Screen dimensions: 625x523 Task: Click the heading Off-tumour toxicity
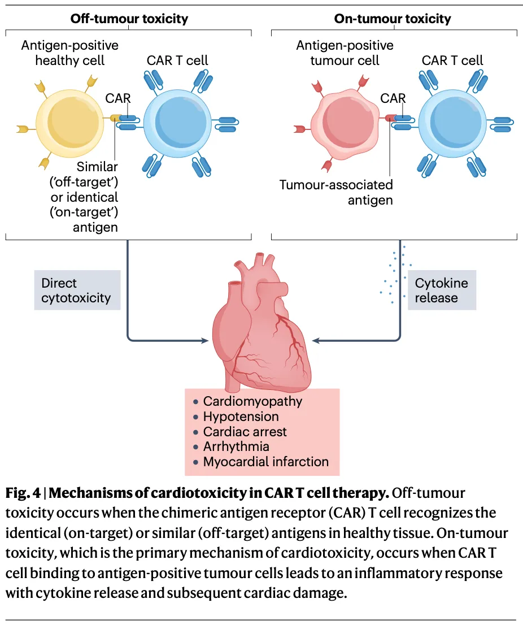point(129,19)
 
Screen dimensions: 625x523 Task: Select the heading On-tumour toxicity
point(393,19)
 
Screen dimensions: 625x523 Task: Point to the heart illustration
point(260,328)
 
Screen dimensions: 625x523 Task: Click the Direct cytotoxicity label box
point(77,290)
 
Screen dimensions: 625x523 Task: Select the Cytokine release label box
point(442,290)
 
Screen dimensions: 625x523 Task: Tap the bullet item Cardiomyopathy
point(252,401)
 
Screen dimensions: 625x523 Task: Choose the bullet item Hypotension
point(241,416)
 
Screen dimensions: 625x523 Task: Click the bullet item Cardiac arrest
point(245,432)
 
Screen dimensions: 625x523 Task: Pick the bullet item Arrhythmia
point(236,446)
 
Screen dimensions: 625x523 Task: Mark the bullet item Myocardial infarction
point(265,462)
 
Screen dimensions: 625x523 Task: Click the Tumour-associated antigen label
point(336,192)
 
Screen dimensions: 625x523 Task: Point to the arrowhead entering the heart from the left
point(204,341)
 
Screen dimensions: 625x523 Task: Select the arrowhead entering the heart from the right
point(315,341)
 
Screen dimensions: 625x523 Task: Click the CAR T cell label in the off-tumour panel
point(177,60)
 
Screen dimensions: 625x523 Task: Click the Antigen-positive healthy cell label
point(70,53)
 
